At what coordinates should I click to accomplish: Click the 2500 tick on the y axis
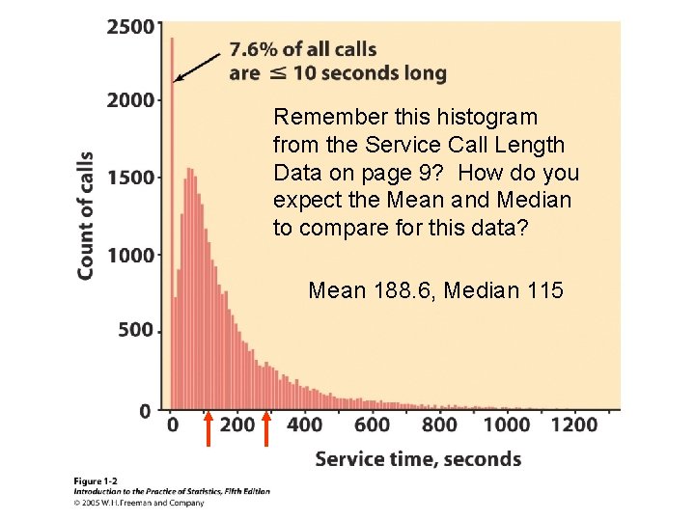tap(129, 26)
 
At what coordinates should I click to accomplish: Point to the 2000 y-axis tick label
tap(129, 100)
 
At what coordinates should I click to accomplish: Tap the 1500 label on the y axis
tap(129, 178)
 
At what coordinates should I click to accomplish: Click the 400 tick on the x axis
tap(305, 425)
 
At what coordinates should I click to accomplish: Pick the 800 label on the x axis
tap(439, 425)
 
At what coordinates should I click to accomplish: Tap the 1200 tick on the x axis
tap(573, 425)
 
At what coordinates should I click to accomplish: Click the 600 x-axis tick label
tap(372, 425)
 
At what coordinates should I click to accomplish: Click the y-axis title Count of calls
tap(86, 215)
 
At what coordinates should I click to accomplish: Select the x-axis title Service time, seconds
tap(418, 459)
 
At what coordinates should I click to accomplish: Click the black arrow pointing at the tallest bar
tap(197, 67)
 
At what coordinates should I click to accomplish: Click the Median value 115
tap(546, 289)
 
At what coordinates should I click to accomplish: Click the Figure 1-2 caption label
tap(96, 480)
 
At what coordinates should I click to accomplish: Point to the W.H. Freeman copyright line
tap(139, 503)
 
